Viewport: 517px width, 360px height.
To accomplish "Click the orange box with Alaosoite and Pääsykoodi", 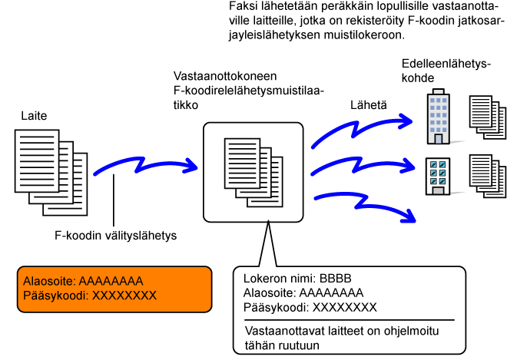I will tap(114, 289).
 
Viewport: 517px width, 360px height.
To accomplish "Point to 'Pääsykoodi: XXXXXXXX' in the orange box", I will tap(91, 296).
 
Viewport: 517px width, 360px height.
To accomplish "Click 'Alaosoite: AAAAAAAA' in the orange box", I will tap(84, 281).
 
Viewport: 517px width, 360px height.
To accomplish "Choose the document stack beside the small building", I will tap(488, 175).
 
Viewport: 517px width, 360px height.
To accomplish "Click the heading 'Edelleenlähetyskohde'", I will tap(446, 71).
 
